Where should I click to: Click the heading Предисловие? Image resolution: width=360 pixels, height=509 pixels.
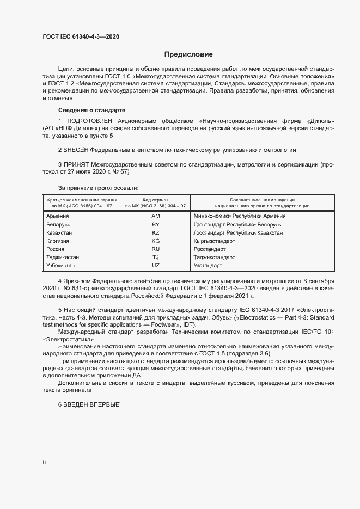click(188, 54)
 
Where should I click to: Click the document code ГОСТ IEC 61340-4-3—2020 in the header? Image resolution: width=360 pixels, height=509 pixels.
click(81, 36)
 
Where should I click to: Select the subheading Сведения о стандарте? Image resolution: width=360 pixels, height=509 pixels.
click(91, 110)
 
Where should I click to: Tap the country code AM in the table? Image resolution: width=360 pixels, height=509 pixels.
click(155, 216)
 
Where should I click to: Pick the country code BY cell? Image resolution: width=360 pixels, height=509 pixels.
click(155, 224)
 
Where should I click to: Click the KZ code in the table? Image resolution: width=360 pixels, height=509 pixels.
click(155, 232)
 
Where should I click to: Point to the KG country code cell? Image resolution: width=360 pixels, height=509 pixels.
click(155, 241)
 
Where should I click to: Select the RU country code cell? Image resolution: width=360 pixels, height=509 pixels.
click(155, 249)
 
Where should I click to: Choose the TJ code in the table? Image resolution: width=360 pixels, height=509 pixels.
click(155, 257)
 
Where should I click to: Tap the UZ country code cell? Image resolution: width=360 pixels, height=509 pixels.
click(155, 265)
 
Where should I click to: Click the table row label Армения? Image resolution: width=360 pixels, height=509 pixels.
click(58, 216)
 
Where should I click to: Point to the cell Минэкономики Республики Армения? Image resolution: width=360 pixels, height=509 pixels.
click(239, 216)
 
